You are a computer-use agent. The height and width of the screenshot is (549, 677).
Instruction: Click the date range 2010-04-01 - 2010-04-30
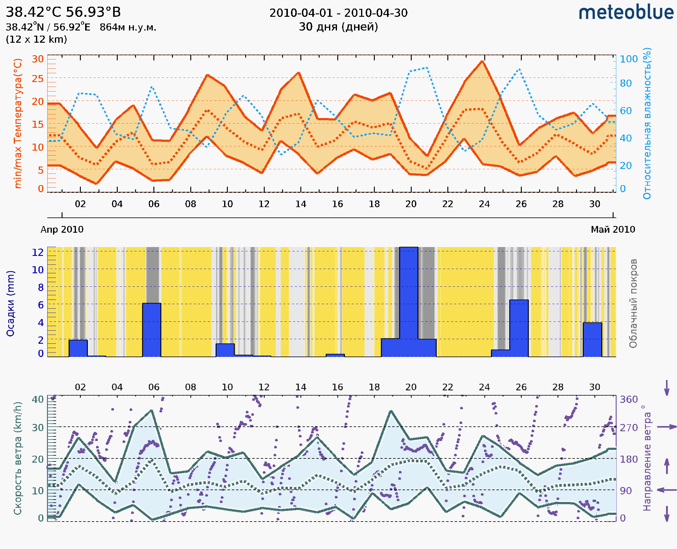tap(338, 13)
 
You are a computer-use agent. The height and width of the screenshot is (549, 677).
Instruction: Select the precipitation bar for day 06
tap(152, 329)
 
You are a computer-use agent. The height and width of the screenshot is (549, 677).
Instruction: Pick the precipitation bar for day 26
tap(519, 328)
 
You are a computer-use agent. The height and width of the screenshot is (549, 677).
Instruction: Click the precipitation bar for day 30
tap(592, 339)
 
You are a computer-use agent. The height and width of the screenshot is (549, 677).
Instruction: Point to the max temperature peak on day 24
tap(482, 61)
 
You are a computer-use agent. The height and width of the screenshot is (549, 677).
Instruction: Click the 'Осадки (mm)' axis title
tap(10, 303)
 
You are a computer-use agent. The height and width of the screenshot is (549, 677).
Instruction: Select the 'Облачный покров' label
tap(633, 303)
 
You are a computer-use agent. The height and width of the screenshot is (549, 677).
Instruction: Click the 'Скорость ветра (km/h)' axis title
tap(18, 458)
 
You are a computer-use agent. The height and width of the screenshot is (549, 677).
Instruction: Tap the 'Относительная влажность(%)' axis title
tap(647, 123)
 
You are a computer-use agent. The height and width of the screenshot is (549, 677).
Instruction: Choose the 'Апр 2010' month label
tap(62, 229)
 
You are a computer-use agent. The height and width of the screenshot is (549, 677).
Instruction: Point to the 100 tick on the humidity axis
tap(629, 59)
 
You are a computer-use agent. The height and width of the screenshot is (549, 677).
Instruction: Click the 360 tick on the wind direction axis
tap(629, 400)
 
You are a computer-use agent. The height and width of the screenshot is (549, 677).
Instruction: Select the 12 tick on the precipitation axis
tap(38, 252)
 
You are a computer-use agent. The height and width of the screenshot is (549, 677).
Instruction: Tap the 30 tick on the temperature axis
tap(38, 59)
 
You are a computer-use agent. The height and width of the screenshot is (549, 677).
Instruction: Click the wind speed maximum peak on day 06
tap(152, 411)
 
